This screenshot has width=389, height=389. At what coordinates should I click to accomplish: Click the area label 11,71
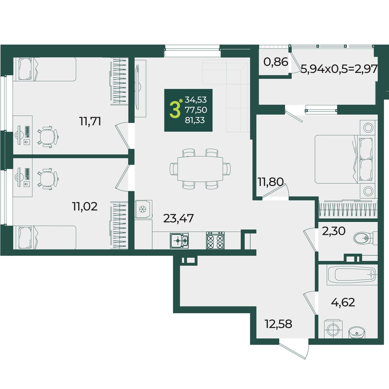click(x=90, y=122)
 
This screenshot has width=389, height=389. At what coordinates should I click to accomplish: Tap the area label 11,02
click(x=84, y=207)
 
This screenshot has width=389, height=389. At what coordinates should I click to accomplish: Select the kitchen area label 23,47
click(x=178, y=218)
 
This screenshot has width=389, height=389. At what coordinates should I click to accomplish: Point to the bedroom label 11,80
click(x=271, y=182)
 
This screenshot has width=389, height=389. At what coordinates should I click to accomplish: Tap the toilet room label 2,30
click(x=334, y=231)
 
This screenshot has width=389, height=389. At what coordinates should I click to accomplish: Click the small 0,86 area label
click(x=276, y=62)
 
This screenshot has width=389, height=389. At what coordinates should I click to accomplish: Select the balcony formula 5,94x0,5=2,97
click(x=339, y=69)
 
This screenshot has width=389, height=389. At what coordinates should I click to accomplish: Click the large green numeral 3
click(x=174, y=110)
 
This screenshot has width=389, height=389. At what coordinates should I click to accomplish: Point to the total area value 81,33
click(x=195, y=120)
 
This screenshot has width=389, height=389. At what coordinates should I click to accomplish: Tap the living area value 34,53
click(x=196, y=100)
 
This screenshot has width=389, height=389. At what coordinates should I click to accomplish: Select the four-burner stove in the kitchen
click(x=215, y=240)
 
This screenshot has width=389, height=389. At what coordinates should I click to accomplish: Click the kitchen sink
click(x=179, y=241)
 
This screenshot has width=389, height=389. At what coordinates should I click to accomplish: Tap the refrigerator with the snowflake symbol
click(x=143, y=209)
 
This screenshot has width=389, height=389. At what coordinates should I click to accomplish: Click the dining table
click(x=200, y=169)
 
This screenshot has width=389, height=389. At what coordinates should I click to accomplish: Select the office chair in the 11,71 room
click(x=48, y=137)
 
